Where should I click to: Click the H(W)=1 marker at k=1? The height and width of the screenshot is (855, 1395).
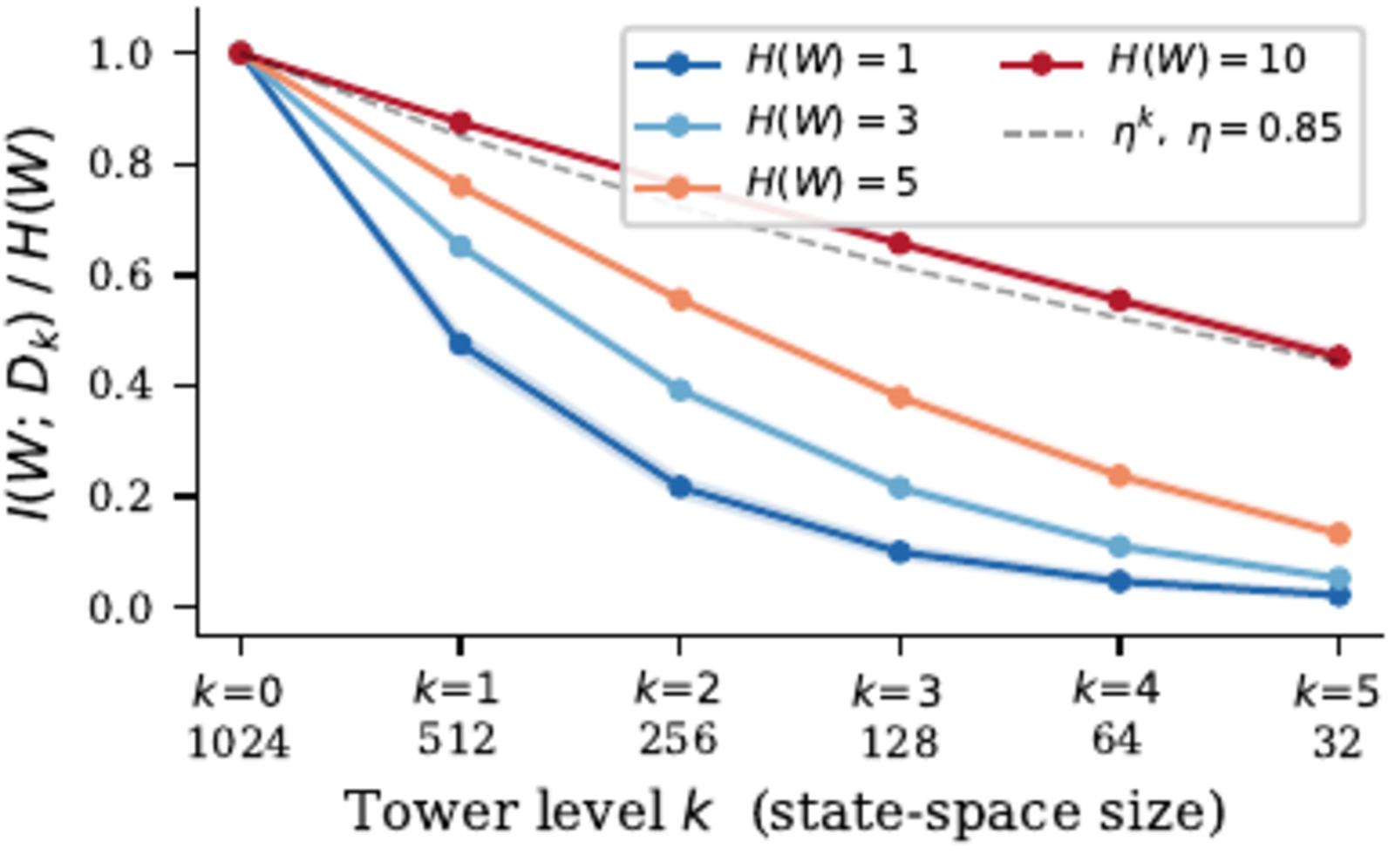pyautogui.click(x=460, y=343)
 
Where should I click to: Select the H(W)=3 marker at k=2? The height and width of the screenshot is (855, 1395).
pyautogui.click(x=680, y=390)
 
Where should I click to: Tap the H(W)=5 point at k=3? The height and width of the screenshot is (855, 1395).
pyautogui.click(x=900, y=397)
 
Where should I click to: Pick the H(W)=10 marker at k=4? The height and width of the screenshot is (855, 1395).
pyautogui.click(x=1119, y=301)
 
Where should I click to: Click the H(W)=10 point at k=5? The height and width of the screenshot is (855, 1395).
pyautogui.click(x=1339, y=356)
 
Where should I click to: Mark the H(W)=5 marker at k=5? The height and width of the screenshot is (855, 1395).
pyautogui.click(x=1339, y=533)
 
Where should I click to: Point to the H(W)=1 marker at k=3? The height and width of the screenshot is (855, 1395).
pyautogui.click(x=900, y=552)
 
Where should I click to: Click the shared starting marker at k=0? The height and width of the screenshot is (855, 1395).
pyautogui.click(x=241, y=53)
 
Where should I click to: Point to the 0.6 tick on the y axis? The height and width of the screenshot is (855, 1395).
pyautogui.click(x=131, y=275)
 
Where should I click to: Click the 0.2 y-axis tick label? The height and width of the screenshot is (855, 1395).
pyautogui.click(x=131, y=497)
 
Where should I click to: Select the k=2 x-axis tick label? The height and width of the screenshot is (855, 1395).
pyautogui.click(x=678, y=690)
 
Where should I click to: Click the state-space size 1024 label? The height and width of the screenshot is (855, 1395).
pyautogui.click(x=239, y=743)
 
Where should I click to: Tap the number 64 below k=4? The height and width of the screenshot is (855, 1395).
pyautogui.click(x=1118, y=741)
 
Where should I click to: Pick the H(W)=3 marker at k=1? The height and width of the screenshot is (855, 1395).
pyautogui.click(x=460, y=247)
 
